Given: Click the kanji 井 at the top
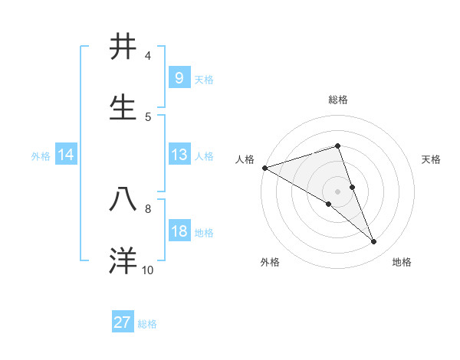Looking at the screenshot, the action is click(124, 47).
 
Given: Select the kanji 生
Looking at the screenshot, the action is click(124, 108).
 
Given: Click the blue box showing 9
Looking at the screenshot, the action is click(179, 78).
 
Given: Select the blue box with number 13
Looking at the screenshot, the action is click(179, 155).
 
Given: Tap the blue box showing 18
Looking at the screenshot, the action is click(179, 231).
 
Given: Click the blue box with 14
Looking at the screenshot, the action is click(65, 155).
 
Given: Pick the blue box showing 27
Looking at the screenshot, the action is click(123, 322).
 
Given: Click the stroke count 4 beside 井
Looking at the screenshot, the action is click(148, 55).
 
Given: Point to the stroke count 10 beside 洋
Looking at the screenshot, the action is click(147, 270).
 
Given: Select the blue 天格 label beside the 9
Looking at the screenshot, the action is click(204, 79).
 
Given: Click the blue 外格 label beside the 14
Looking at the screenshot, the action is click(41, 155).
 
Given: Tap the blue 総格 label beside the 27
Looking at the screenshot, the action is click(147, 323).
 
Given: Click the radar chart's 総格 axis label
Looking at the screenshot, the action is click(338, 100).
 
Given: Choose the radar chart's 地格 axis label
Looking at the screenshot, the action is click(402, 262).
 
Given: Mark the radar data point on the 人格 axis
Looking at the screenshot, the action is click(264, 168).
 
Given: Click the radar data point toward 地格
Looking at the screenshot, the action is click(374, 242).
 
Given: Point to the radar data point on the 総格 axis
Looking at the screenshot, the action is click(338, 146).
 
